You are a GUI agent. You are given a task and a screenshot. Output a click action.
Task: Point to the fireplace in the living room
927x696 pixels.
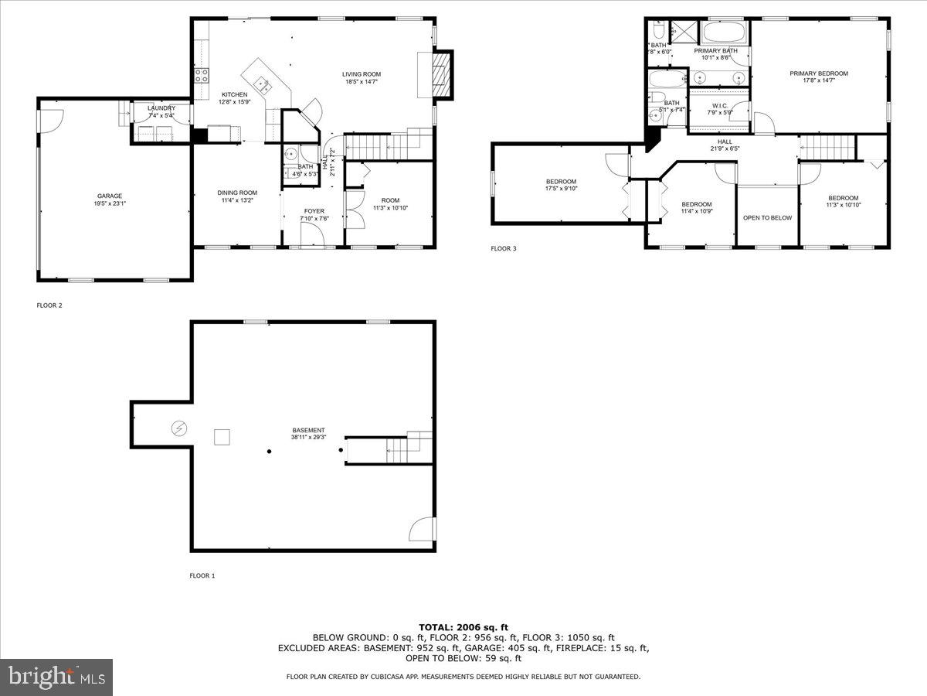pos(442,74)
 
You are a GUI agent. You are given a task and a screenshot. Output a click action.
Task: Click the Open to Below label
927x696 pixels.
pos(767,218)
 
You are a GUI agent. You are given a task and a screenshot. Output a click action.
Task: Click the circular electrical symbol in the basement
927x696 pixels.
pos(178,428)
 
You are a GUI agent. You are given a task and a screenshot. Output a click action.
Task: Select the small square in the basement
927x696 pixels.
pos(222,437)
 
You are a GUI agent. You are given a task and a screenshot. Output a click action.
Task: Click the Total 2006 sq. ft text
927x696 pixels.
pos(463,627)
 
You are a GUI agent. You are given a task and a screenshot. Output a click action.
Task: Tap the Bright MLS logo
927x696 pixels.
pos(56,677)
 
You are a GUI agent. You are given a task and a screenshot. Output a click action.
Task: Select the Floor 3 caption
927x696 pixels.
pos(503,249)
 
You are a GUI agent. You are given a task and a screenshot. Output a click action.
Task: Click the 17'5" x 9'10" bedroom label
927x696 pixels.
pos(561,185)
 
